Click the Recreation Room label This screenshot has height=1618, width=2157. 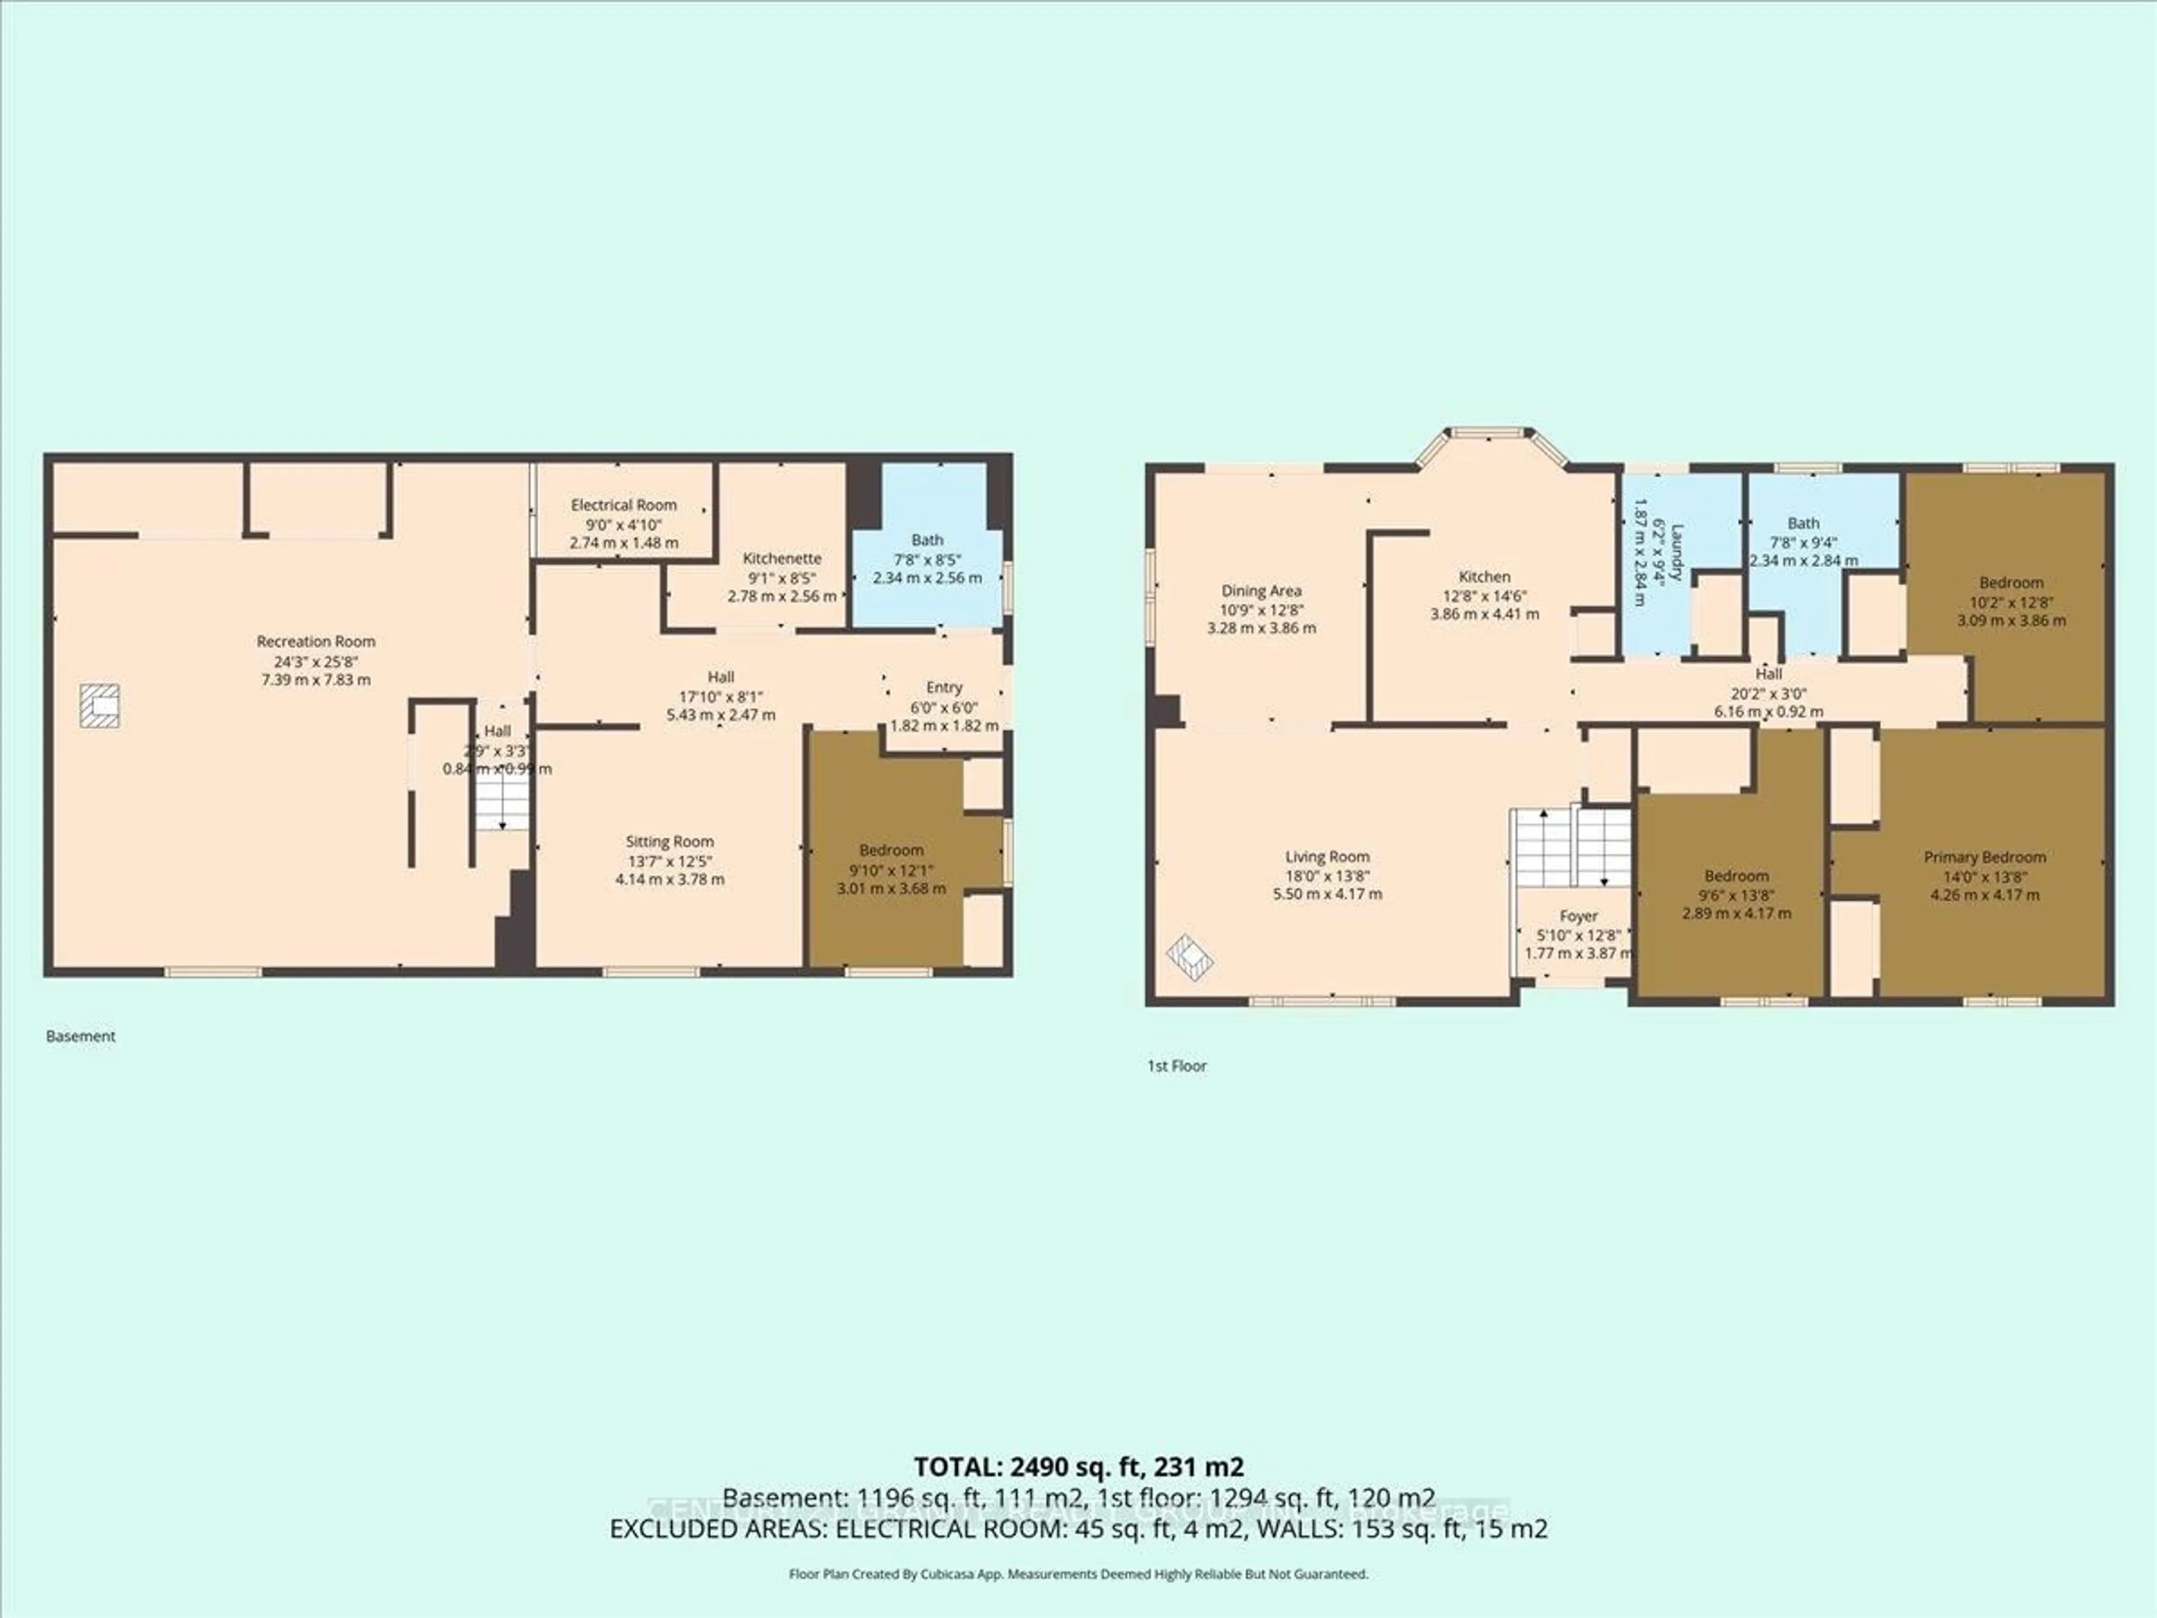pos(316,641)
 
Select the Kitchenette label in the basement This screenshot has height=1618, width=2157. pos(781,558)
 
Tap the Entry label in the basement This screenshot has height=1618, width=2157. pos(943,687)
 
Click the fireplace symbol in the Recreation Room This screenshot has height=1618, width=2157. pos(99,705)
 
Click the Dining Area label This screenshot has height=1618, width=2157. pos(1261,590)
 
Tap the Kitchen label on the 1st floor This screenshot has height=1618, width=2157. pos(1484,576)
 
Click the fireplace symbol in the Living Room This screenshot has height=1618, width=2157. pos(1190,956)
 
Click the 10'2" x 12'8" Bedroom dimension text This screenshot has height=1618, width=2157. pos(2011,602)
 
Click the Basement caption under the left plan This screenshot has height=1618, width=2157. pos(81,1036)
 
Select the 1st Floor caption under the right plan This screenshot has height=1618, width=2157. pos(1177,1066)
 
